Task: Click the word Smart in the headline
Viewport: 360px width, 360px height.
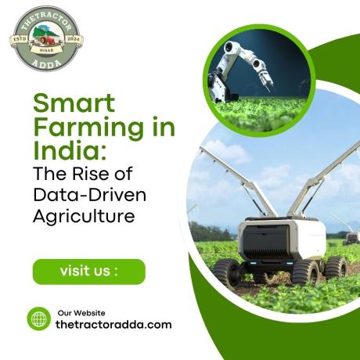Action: point(74,103)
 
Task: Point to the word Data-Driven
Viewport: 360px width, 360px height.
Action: point(89,195)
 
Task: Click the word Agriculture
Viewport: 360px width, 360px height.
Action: point(84,216)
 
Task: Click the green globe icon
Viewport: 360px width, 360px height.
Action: point(39,319)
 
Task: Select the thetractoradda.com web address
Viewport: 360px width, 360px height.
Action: point(113,325)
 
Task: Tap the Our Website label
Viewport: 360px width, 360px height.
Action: point(81,313)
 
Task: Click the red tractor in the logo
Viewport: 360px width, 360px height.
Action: point(47,41)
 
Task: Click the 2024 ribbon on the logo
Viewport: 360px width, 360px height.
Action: point(74,39)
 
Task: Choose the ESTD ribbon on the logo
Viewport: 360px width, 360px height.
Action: point(20,39)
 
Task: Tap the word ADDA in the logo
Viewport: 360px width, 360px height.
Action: point(47,63)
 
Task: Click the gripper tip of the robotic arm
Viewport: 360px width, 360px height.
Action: point(268,83)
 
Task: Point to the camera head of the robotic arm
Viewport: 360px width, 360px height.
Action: point(230,48)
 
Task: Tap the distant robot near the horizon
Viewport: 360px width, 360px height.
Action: point(351,239)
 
